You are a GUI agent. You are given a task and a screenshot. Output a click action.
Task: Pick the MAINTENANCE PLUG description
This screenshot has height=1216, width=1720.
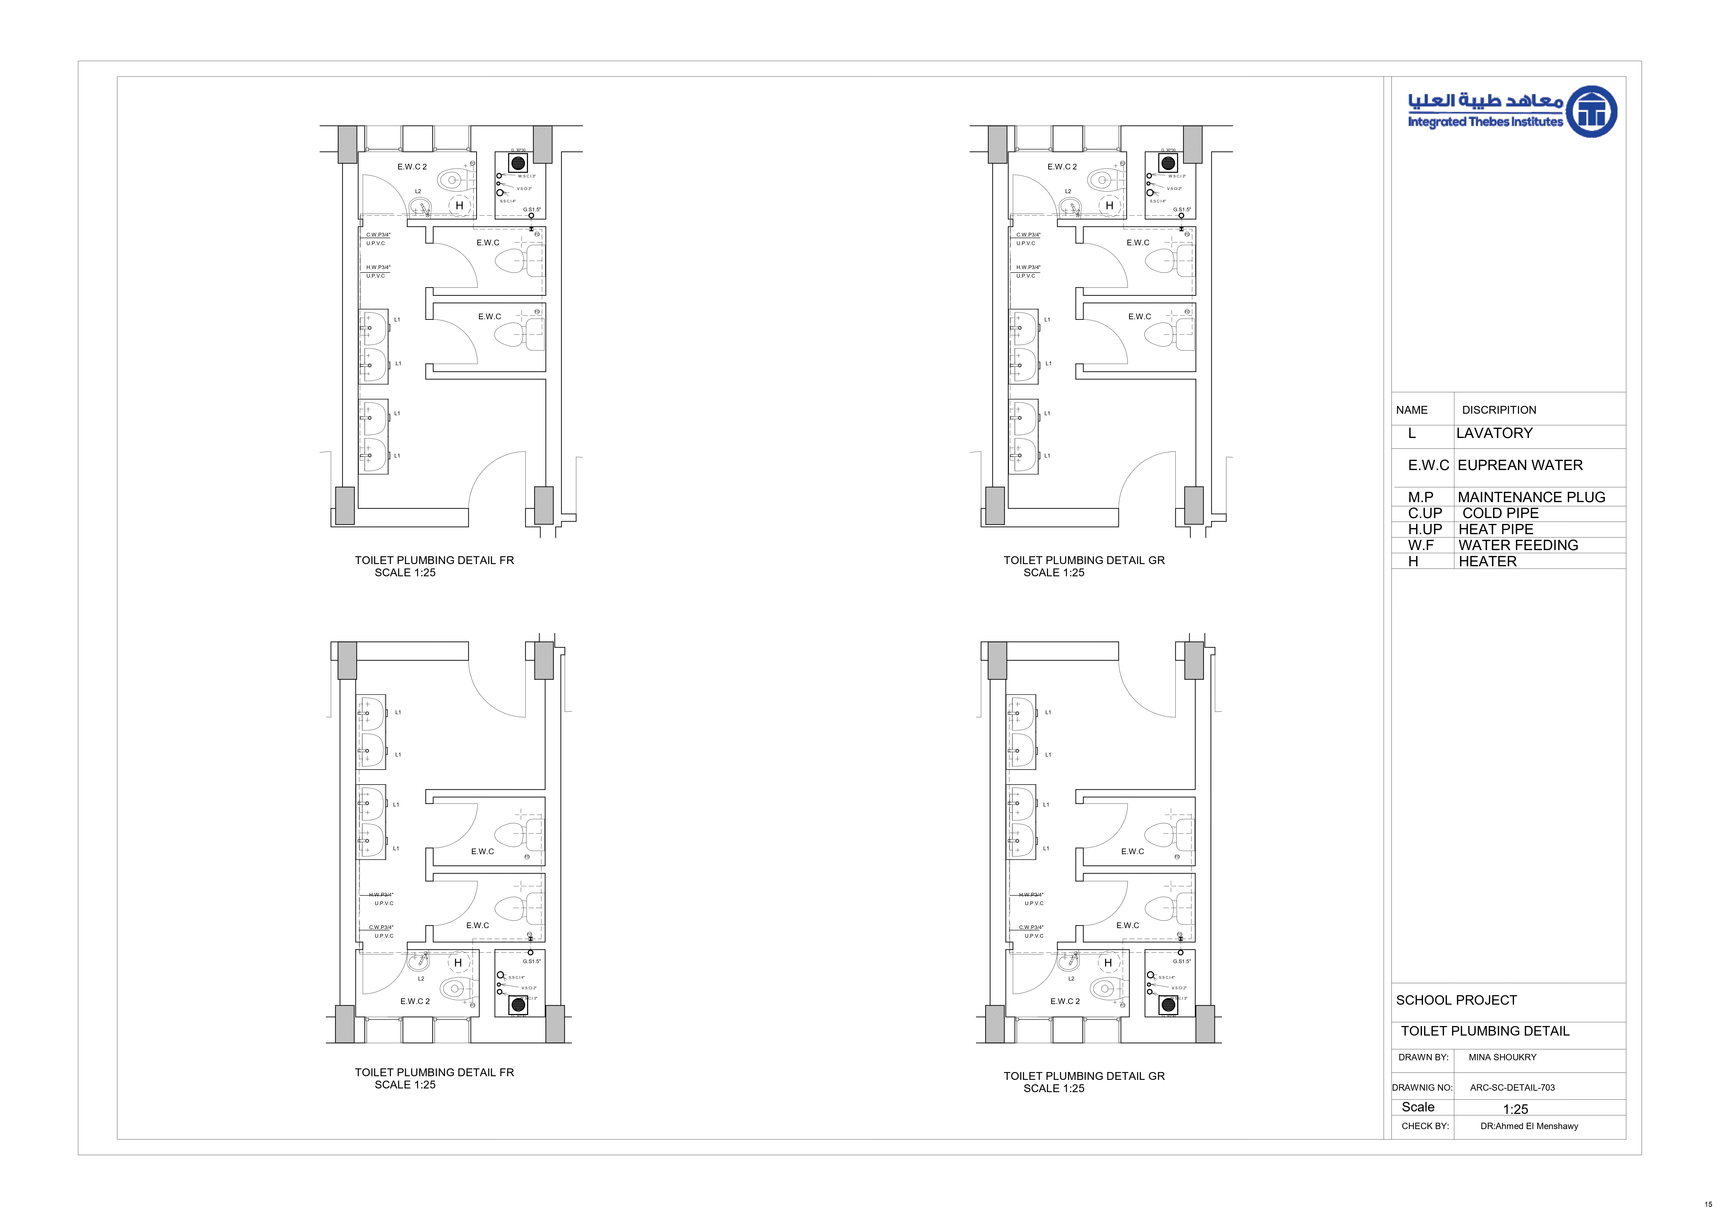coord(1531,497)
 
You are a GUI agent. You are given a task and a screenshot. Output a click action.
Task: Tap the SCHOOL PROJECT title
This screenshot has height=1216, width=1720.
coord(1456,1000)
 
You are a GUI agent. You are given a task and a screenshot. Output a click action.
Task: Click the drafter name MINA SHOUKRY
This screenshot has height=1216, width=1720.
coord(1502,1057)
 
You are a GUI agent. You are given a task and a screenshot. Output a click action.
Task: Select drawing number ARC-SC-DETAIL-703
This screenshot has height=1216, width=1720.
coord(1512,1088)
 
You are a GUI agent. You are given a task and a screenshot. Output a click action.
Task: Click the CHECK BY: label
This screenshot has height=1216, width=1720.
coord(1425,1126)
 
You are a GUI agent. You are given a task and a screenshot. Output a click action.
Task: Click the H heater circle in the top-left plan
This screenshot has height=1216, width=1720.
coord(459,205)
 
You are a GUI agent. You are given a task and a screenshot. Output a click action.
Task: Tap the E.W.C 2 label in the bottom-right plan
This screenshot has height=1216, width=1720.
coord(1065,1001)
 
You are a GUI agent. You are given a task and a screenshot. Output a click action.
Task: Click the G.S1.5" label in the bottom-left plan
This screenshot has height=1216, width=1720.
coord(531,961)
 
